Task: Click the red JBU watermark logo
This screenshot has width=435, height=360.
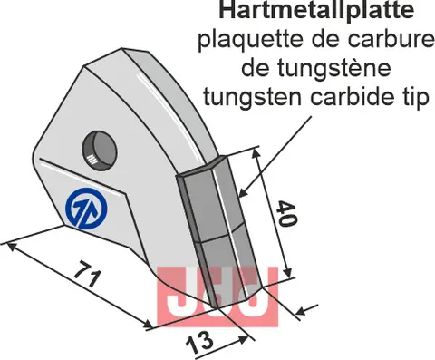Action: (216, 296)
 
